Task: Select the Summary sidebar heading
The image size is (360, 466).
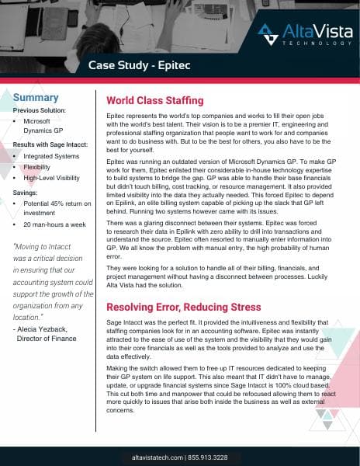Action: tap(36, 97)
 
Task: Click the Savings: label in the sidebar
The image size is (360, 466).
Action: tap(29, 193)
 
